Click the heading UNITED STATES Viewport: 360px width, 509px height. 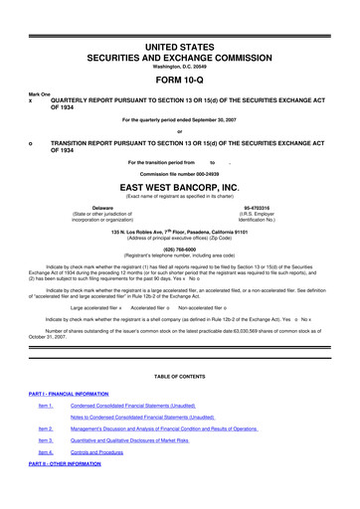(180, 20)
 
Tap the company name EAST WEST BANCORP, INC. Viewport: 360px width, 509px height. (180, 186)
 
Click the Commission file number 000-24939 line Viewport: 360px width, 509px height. (180, 173)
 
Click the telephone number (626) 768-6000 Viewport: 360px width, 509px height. (180, 249)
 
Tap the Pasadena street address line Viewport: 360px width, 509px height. (180, 230)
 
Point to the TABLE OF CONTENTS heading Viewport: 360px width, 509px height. (180, 387)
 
